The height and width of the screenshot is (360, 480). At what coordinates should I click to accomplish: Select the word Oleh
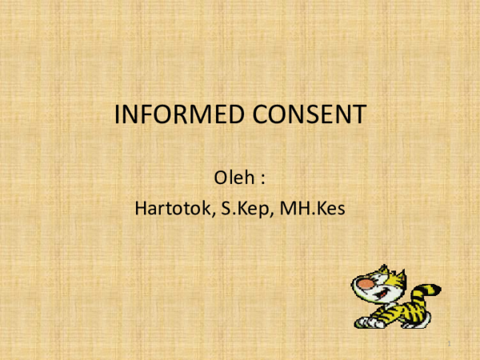232,174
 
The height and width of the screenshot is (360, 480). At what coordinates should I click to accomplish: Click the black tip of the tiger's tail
435,290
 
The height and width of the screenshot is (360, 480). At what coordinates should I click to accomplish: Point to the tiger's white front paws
366,321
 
